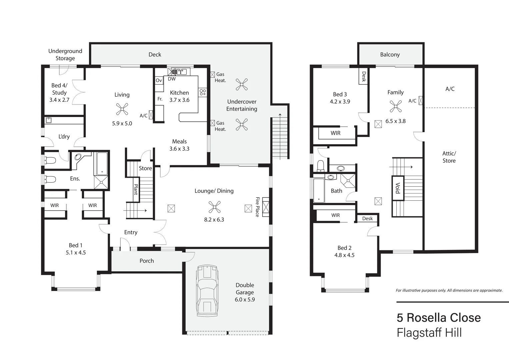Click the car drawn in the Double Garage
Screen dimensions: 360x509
[x=207, y=291]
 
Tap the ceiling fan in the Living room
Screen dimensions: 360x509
[x=122, y=109]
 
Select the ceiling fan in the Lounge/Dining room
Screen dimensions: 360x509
[x=214, y=207]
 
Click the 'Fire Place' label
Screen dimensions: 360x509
[x=257, y=207]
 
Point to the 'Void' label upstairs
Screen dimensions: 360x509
[x=397, y=188]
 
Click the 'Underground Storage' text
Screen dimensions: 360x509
[x=65, y=55]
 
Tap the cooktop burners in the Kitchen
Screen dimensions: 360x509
[x=203, y=92]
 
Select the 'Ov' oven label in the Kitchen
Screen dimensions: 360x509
[x=159, y=80]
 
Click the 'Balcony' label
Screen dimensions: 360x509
[x=390, y=54]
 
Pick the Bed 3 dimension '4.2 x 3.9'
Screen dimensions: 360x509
[x=340, y=102]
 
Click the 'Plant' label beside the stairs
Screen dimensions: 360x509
[x=136, y=190]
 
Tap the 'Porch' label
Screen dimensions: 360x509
[x=147, y=261]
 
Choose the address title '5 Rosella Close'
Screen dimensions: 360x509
[x=438, y=318]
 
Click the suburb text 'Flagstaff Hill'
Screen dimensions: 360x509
[x=429, y=333]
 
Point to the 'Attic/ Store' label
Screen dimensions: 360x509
[x=449, y=157]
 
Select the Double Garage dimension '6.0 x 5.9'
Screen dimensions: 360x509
[x=245, y=299]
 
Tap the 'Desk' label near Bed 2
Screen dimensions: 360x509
[x=367, y=218]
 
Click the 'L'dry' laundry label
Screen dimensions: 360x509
[x=64, y=136]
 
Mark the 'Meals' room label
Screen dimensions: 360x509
[x=179, y=141]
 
